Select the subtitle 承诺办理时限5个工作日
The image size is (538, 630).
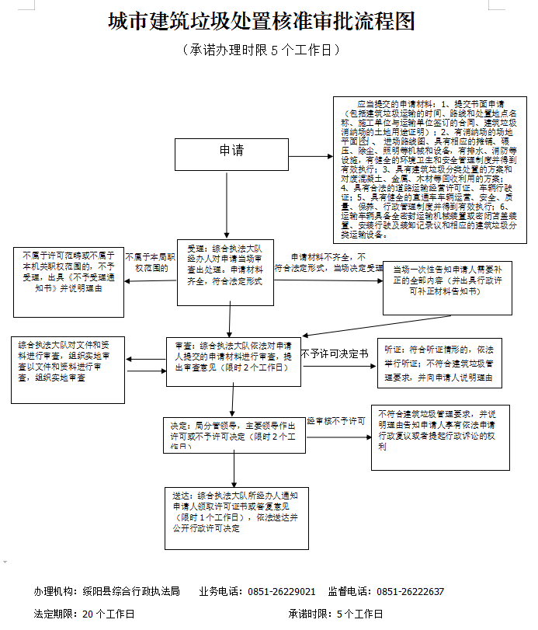[262, 50]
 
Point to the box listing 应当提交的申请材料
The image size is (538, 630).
[429, 169]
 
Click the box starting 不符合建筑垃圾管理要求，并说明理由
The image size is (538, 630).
[439, 437]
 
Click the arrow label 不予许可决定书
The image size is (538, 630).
[335, 353]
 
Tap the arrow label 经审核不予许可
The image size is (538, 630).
[336, 420]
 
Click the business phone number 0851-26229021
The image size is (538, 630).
[282, 591]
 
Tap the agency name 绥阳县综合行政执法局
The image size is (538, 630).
[132, 591]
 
